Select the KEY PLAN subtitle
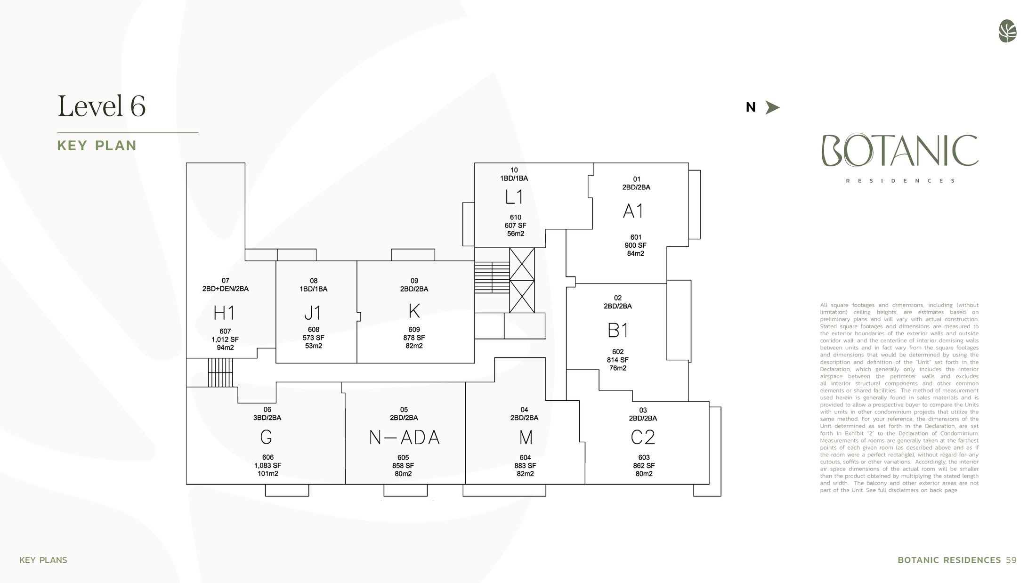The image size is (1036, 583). (97, 146)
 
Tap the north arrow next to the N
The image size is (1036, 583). (772, 107)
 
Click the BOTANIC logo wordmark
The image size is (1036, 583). (900, 151)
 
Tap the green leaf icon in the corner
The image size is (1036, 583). (1007, 31)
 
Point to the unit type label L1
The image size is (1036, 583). (514, 197)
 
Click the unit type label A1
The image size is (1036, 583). (633, 211)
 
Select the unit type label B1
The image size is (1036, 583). (617, 330)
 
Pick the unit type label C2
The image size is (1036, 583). (643, 437)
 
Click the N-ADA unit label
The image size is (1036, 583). (404, 437)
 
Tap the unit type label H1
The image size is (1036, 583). (224, 313)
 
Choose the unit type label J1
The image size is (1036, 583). (312, 313)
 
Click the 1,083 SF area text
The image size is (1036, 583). (267, 465)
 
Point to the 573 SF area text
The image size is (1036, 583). (313, 338)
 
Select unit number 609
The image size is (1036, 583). (414, 330)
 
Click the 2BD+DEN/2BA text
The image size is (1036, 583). (225, 289)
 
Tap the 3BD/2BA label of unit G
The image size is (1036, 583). (267, 418)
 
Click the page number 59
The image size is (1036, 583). (1011, 560)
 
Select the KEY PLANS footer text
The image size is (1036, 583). (43, 560)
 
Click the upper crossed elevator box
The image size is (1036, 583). (522, 264)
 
